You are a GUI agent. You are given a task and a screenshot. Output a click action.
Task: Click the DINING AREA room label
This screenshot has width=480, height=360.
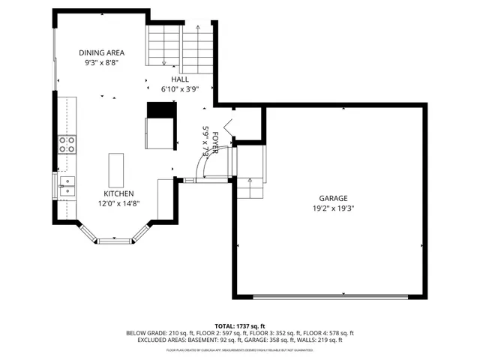(x=102, y=53)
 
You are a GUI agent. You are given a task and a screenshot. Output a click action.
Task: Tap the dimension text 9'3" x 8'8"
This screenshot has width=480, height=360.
(x=102, y=64)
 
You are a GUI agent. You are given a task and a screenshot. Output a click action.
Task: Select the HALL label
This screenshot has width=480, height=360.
(x=180, y=79)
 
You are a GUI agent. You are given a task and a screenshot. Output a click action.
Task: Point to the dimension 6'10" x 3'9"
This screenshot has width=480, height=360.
(x=180, y=88)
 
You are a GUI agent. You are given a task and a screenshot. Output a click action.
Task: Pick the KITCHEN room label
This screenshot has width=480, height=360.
(x=118, y=193)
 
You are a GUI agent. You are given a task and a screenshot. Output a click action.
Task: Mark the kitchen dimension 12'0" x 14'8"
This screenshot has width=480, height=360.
(x=118, y=203)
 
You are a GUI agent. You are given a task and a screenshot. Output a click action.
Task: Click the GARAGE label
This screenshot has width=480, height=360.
(x=333, y=199)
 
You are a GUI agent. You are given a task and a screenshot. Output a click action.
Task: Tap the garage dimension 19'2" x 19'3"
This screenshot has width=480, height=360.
(x=333, y=208)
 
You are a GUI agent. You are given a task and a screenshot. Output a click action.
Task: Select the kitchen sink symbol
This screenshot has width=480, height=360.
(x=67, y=186)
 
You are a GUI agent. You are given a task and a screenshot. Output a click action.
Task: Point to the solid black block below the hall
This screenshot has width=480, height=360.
(x=160, y=110)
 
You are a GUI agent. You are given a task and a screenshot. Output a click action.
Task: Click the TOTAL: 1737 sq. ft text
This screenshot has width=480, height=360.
(x=240, y=325)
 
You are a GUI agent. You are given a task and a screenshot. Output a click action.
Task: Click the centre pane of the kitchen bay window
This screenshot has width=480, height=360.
(x=115, y=241)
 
